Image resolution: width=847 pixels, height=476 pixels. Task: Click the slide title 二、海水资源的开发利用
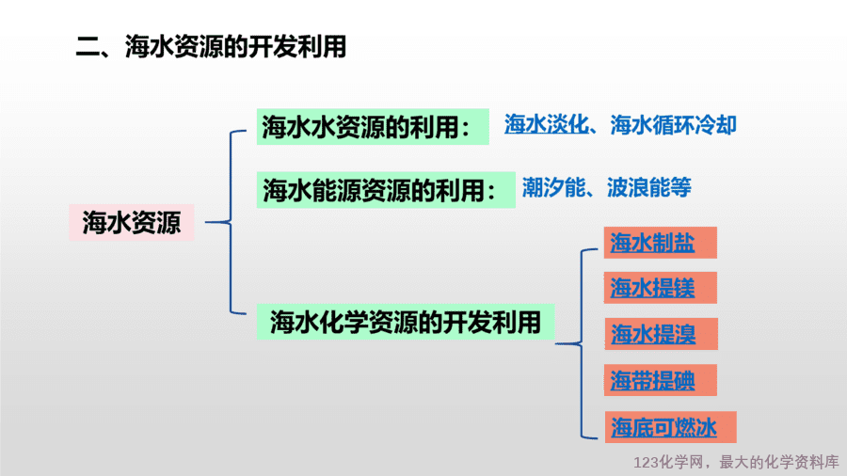pos(211,46)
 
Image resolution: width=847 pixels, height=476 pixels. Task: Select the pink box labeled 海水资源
pos(131,222)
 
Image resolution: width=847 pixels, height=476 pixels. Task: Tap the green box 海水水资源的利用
pos(373,127)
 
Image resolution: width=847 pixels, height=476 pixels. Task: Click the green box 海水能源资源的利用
pos(386,190)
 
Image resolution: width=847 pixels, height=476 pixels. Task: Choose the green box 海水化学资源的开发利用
pos(405,322)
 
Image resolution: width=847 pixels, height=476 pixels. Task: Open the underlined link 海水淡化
pos(546,125)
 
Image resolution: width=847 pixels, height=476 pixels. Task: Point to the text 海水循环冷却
pos(673,125)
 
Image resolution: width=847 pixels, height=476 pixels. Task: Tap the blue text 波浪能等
pos(648,188)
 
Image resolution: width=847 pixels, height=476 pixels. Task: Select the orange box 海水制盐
pos(660,243)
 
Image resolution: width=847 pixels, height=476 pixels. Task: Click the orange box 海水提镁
pos(660,288)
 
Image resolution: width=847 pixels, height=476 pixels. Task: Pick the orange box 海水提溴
pos(662,334)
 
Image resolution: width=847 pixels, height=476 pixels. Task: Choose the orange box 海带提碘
pos(660,380)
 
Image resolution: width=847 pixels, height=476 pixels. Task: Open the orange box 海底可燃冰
pos(670,427)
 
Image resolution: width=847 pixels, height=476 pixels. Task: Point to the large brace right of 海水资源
pos(231,222)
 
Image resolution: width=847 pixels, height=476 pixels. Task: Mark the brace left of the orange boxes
pos(582,343)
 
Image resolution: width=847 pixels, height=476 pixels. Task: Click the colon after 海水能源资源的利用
pos(491,192)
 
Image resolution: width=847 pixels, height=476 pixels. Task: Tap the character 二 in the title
pos(87,46)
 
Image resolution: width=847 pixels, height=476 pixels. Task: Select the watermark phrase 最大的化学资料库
pos(779,462)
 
